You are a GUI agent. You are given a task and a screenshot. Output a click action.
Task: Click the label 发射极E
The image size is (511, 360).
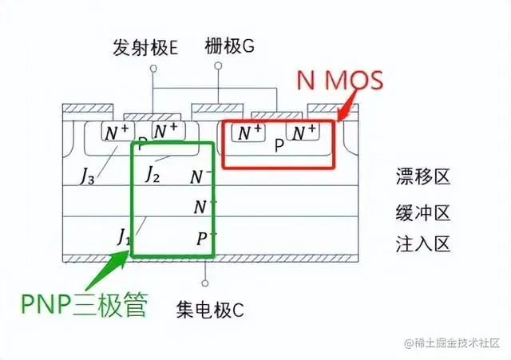(145, 49)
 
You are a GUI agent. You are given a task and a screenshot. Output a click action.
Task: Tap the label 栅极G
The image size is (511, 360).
(230, 46)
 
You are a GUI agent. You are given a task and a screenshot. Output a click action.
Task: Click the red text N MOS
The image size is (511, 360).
(340, 80)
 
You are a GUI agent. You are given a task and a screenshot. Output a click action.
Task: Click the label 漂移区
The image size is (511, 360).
(422, 176)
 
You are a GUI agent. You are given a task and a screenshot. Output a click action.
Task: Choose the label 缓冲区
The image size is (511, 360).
(422, 212)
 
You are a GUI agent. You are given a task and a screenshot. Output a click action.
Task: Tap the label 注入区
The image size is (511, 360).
(422, 243)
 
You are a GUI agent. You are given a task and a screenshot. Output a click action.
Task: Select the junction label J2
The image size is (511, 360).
(153, 174)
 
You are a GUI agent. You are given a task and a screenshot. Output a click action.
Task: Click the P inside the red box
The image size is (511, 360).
(279, 146)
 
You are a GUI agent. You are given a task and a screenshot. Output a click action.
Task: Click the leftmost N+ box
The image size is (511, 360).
(113, 132)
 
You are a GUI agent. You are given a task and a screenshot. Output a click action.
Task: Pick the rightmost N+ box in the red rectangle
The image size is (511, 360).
(304, 131)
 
